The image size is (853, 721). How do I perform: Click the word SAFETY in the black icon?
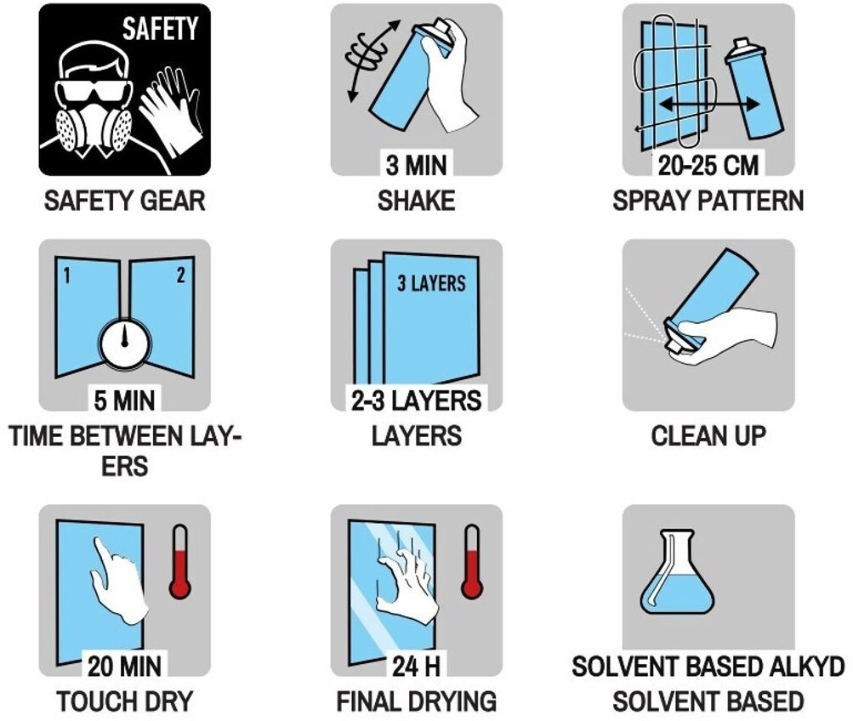pos(160,29)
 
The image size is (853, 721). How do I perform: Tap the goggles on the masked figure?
pos(94,91)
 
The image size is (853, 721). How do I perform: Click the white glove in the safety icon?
pos(171,111)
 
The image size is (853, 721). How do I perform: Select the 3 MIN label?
pos(416,165)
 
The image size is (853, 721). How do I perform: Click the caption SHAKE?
pos(416,201)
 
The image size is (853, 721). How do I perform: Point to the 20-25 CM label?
pos(708,165)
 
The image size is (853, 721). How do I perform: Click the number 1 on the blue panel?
pos(67,276)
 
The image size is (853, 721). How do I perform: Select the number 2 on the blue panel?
pos(180,275)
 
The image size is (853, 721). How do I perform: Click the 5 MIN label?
pos(124,400)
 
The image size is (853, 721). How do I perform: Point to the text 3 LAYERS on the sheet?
pos(431,283)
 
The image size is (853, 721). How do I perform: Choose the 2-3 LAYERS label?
pos(416,400)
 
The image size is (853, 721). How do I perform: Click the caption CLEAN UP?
pos(708,436)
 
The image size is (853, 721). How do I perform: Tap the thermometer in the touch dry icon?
pos(179,561)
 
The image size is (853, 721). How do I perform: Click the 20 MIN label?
pos(124,666)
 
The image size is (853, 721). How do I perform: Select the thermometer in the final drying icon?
pos(472,561)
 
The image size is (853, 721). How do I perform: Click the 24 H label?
pos(416,666)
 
